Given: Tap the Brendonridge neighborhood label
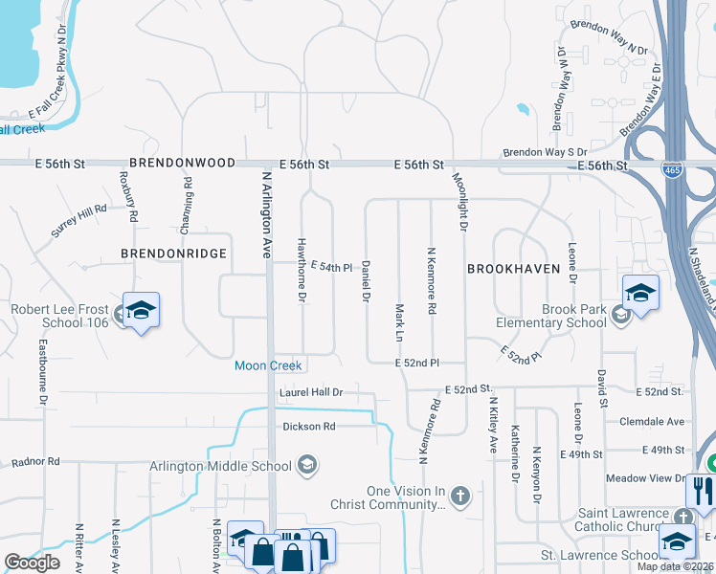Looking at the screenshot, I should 173,254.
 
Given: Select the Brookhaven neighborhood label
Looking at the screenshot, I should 513,270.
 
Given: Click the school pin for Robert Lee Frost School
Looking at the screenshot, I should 141,310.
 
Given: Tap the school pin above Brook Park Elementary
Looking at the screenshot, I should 640,292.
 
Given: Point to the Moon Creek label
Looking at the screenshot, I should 269,365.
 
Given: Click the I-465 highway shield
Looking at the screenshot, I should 672,170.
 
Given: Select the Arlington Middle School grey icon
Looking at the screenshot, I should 307,466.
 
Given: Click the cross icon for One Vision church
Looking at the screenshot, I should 460,495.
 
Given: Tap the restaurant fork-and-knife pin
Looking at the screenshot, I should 702,491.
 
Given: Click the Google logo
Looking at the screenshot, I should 33,563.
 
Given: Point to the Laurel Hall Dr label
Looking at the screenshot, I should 311,392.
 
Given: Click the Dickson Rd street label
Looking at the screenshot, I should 309,426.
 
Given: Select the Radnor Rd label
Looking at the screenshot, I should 35,461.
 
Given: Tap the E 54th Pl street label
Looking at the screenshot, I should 332,267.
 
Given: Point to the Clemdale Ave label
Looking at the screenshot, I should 653,421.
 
